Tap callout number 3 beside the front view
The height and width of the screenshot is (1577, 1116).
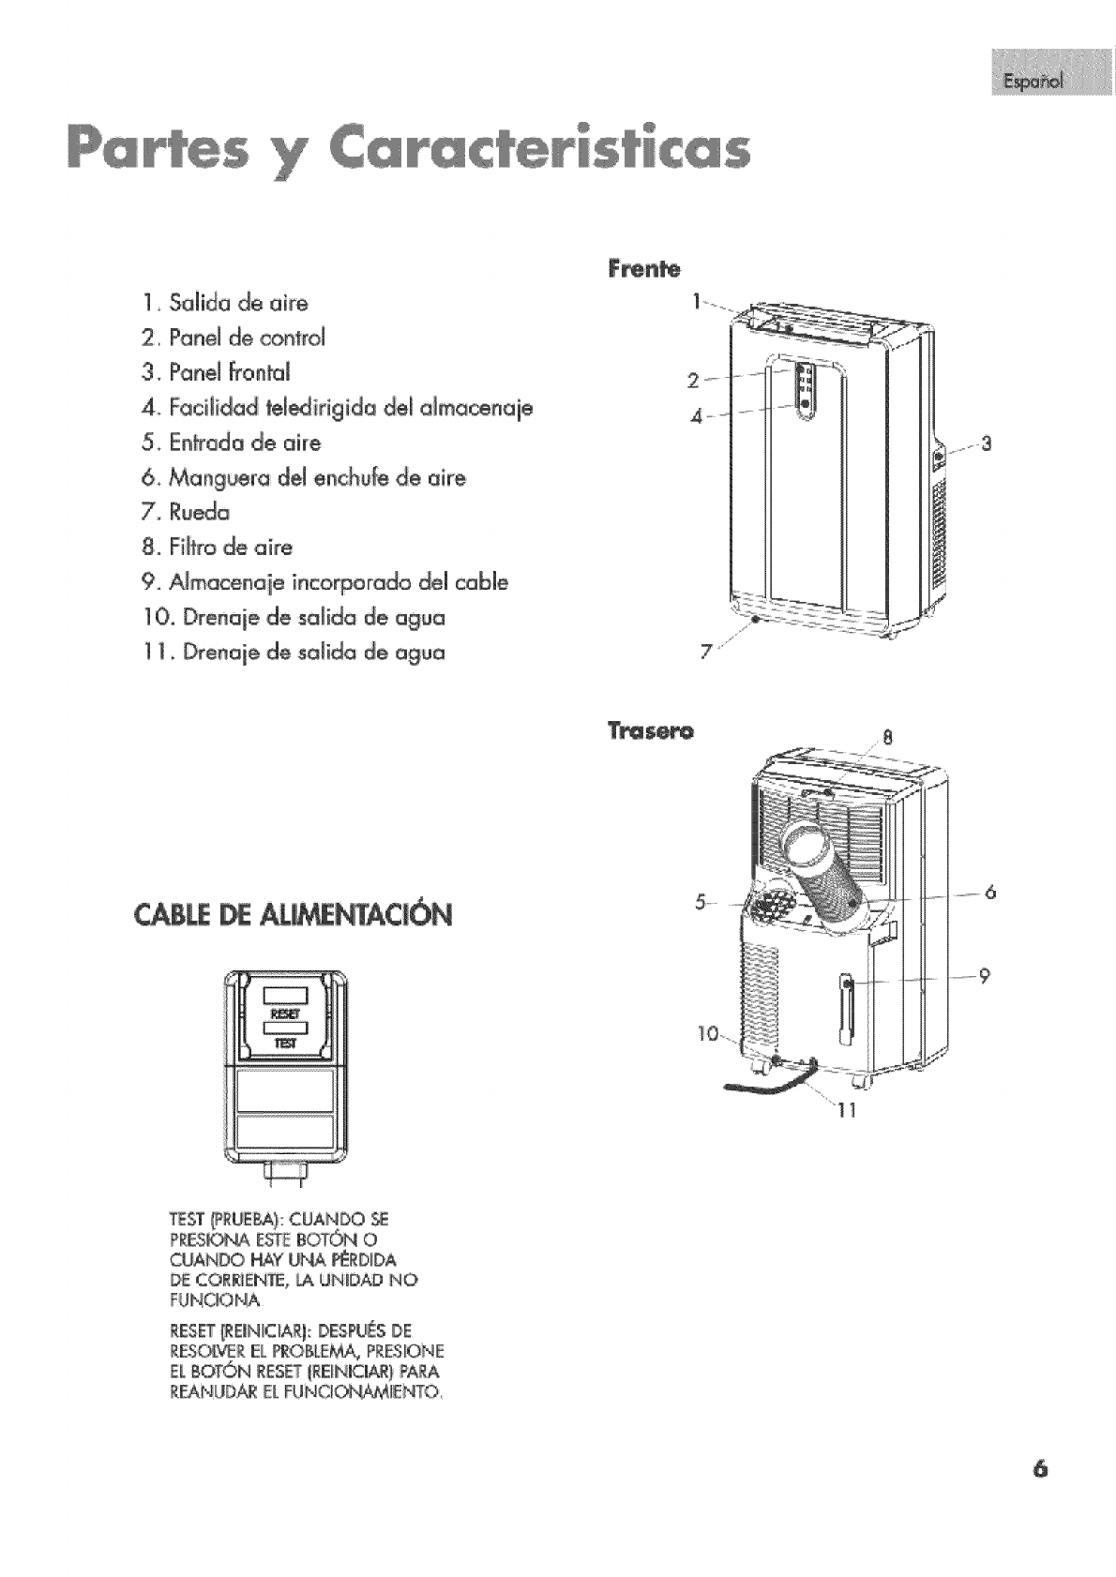coord(986,443)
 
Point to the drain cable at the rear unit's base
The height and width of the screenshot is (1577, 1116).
coord(764,1086)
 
